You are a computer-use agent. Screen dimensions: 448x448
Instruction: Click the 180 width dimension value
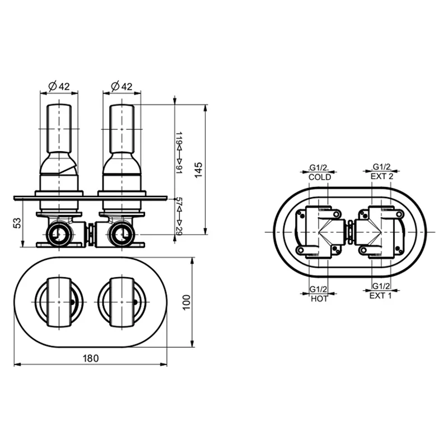(x=91, y=358)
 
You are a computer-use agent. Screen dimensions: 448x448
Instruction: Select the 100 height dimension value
(x=186, y=302)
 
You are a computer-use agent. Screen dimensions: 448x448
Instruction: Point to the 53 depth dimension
(x=17, y=223)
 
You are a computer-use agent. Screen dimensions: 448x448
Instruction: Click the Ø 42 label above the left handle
(x=59, y=86)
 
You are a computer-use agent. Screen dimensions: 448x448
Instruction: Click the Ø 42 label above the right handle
(x=122, y=86)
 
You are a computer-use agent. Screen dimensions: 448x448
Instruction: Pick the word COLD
(x=320, y=177)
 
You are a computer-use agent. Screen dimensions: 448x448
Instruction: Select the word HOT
(x=319, y=299)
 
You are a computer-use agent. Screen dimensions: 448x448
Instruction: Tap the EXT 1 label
(x=381, y=296)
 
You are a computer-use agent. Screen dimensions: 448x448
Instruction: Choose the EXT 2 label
(x=382, y=176)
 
